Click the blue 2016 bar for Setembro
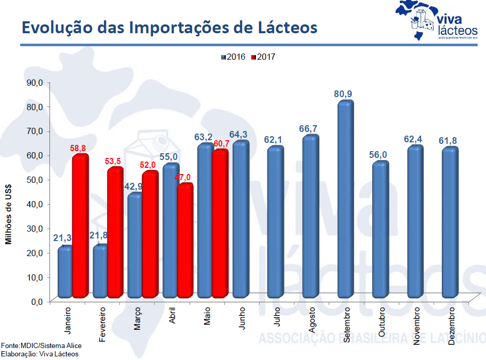coord(345,200)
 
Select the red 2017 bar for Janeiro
coord(80,226)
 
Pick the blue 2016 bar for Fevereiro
coord(100,271)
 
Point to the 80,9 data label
coord(345,94)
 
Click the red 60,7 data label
coord(221,144)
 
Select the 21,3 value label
coord(62,238)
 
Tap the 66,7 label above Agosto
coord(310,128)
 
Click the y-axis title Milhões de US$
coord(8,214)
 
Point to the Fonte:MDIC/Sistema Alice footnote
coord(41,345)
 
